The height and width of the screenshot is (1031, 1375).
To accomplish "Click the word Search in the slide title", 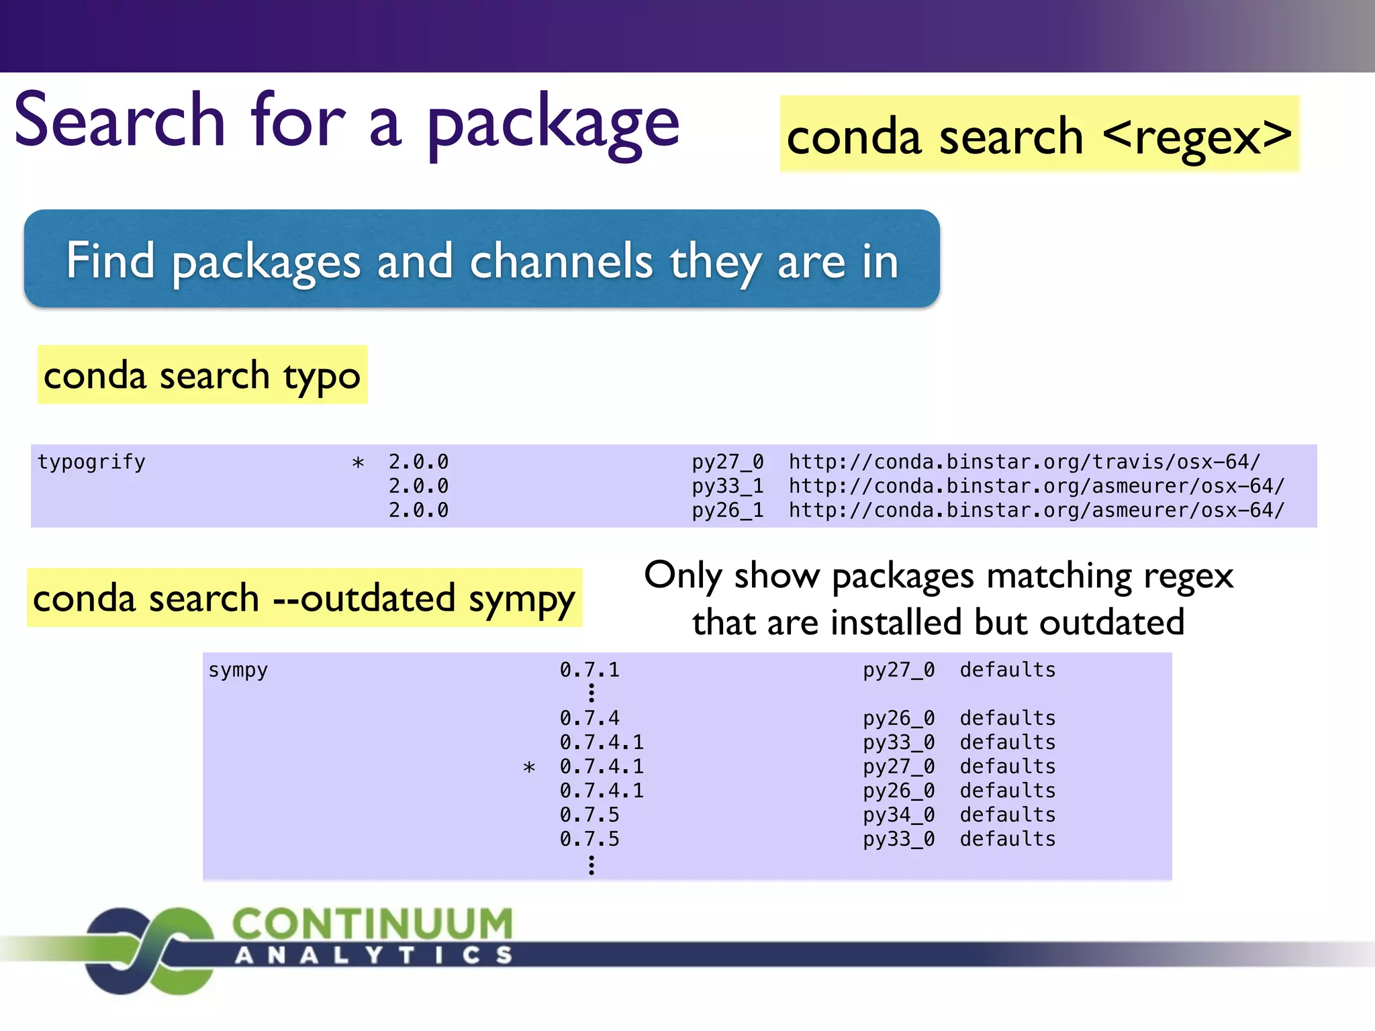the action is click(x=120, y=121).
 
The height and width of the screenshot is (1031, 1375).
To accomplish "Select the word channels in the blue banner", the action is click(x=561, y=261).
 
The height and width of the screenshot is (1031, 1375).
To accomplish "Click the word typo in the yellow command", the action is click(x=322, y=376).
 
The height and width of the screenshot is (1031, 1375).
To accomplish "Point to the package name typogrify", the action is click(x=91, y=462).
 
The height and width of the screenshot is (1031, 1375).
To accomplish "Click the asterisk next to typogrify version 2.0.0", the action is click(x=359, y=463).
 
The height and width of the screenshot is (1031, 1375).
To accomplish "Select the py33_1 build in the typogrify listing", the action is click(x=728, y=486).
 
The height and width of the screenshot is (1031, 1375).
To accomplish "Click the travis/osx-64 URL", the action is click(x=1025, y=462).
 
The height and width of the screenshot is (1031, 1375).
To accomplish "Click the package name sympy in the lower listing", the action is click(x=238, y=670).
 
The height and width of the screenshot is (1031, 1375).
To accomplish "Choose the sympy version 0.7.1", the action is click(x=589, y=670).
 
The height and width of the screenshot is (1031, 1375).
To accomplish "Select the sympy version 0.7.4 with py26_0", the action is click(x=589, y=718).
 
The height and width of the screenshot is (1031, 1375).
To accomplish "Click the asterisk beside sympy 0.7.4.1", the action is click(x=529, y=768).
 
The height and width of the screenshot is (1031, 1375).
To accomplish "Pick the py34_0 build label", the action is click(x=898, y=815).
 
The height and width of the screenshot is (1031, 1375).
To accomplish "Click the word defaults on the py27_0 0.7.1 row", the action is click(x=1007, y=670).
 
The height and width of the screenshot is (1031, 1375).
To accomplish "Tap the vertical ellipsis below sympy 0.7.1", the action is click(x=591, y=693).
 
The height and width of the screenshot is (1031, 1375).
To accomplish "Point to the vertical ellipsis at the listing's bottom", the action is click(x=591, y=865).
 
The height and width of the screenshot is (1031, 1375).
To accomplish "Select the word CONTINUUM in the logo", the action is click(x=373, y=924).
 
